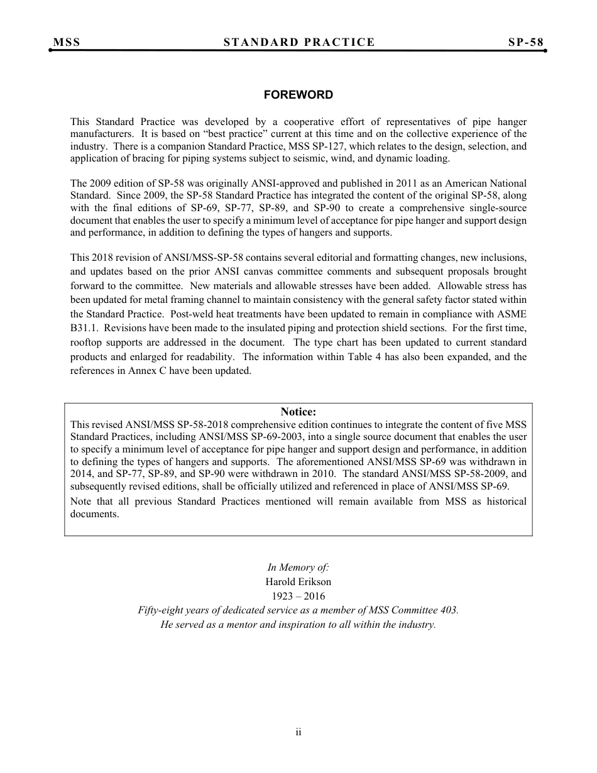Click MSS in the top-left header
[x=67, y=42]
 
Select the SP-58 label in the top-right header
[x=525, y=42]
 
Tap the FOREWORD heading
[x=298, y=95]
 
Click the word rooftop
[x=87, y=343]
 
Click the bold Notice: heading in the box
[x=298, y=412]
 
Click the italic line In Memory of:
[x=298, y=567]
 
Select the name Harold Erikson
[x=298, y=582]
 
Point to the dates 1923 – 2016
[x=298, y=596]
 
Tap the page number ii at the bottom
[x=298, y=732]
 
